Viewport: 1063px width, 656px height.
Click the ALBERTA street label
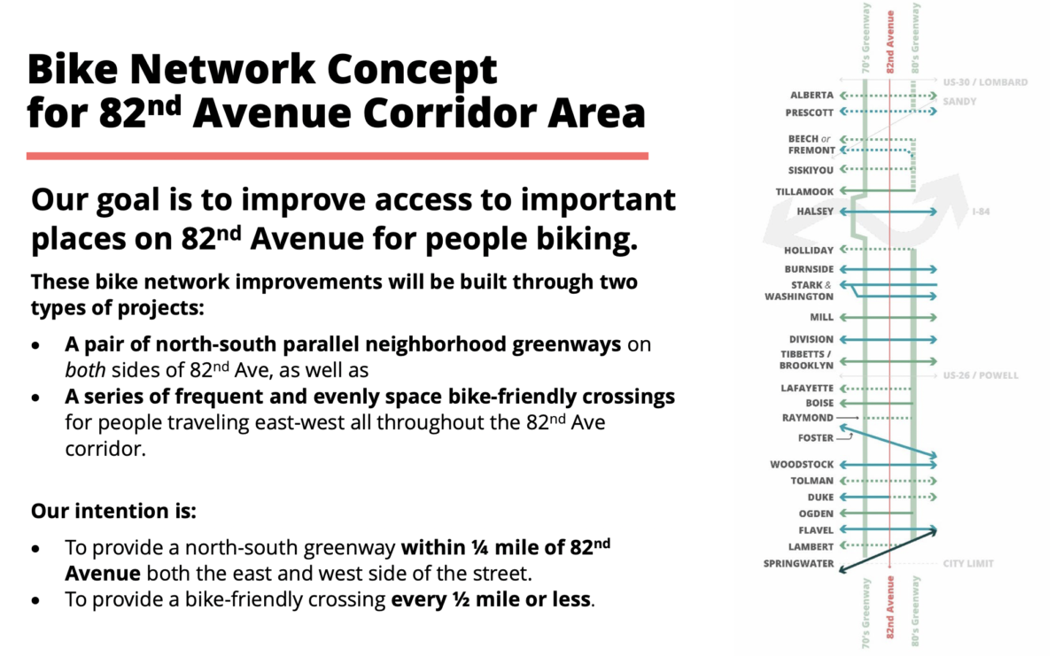811,95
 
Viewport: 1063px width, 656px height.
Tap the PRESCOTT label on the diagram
809,112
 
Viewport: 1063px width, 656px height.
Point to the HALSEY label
815,212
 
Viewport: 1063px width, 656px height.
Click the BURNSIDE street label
809,269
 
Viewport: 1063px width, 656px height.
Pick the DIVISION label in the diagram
811,339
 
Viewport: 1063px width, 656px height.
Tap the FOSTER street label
815,438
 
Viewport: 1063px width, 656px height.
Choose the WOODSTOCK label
802,464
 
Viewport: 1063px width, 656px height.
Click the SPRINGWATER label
798,563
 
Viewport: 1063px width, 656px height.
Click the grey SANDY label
958,102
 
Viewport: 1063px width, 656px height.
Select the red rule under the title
337,156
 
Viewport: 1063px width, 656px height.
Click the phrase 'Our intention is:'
113,512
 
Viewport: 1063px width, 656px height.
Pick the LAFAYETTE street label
807,388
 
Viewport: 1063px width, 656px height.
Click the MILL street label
821,317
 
